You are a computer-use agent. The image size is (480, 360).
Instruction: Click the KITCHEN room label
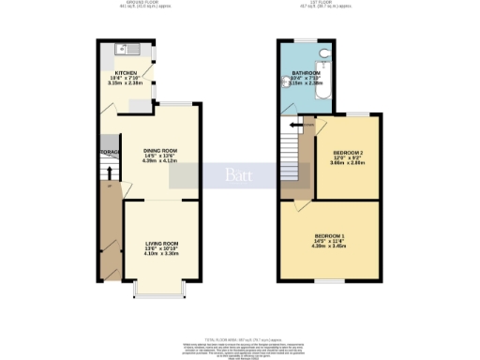coord(127,72)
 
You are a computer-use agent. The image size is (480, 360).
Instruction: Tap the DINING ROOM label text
coord(160,150)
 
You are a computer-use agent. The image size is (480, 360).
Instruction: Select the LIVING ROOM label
coord(161,244)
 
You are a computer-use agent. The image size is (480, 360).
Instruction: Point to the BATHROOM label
coord(306,72)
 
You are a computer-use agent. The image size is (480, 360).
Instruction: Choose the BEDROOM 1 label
coord(329,234)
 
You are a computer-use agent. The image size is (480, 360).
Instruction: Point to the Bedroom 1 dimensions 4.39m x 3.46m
coord(329,247)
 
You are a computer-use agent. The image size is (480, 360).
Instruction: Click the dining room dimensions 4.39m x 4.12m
coord(160,160)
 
